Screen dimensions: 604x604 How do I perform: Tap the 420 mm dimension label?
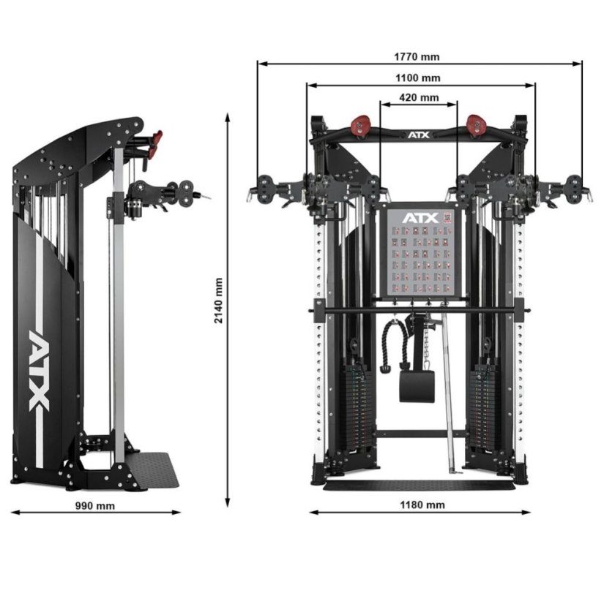[419, 97]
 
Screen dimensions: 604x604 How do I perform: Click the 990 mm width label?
[95, 505]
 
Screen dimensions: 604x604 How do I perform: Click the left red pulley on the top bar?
[359, 122]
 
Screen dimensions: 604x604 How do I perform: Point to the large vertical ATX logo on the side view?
[42, 370]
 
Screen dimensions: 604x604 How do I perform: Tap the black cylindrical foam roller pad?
[417, 385]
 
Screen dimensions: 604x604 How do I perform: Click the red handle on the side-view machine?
[154, 143]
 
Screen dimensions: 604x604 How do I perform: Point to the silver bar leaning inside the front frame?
[448, 395]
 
